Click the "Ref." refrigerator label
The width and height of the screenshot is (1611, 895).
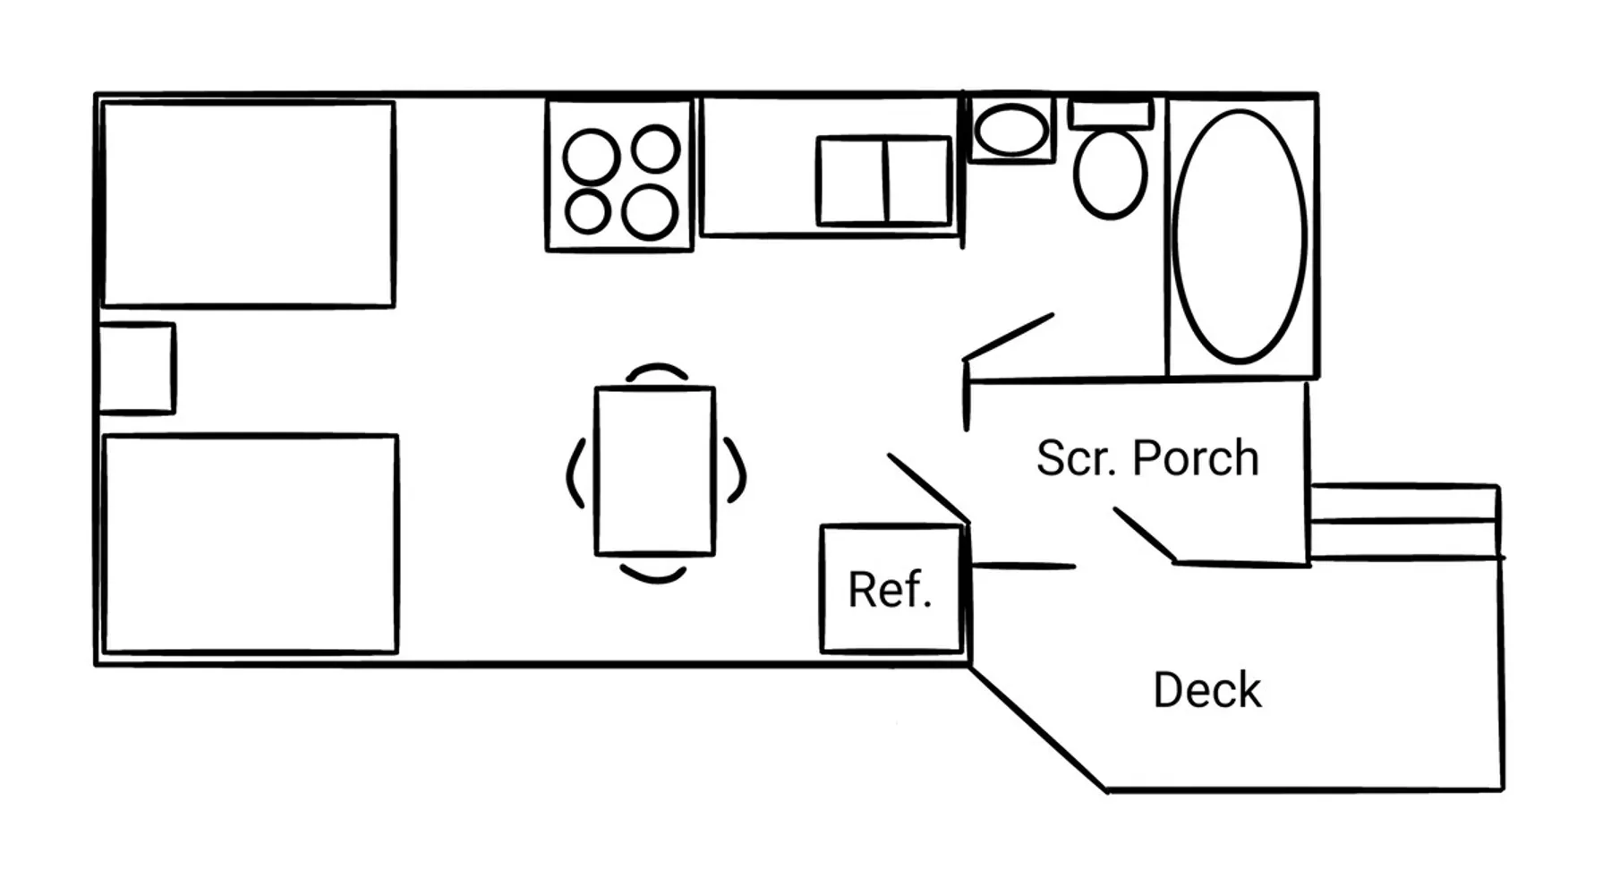point(890,590)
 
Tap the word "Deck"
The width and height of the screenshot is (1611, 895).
point(1206,690)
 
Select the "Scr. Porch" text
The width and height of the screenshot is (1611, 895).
point(1147,458)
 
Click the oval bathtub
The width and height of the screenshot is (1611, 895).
point(1240,236)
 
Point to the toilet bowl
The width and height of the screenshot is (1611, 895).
point(1110,175)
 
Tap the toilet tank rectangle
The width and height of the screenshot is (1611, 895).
point(1110,115)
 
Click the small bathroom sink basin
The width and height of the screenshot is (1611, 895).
point(1011,131)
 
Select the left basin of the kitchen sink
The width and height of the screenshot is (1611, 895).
point(851,181)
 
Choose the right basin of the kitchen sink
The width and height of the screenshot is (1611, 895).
point(917,181)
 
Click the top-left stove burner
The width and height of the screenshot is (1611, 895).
point(591,157)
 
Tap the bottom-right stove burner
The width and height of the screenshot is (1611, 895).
point(650,212)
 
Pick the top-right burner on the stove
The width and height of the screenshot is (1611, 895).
point(655,149)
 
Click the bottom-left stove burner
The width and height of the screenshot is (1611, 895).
point(588,212)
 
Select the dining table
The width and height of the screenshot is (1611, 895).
point(655,471)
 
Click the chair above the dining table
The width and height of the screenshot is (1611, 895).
point(656,371)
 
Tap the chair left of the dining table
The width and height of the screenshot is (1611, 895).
point(575,473)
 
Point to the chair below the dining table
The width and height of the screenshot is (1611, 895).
point(654,573)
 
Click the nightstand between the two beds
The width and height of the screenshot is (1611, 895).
point(136,369)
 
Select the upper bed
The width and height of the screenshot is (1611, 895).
point(249,204)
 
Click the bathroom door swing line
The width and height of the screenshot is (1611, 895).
point(1009,337)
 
